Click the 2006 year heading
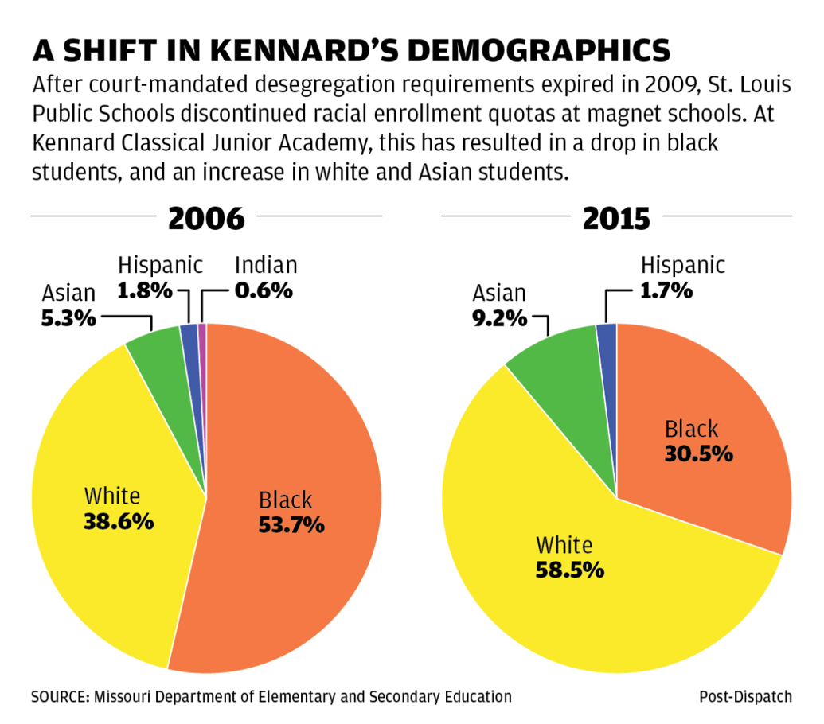206,218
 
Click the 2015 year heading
616,218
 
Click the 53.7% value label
291,525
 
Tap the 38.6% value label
118,523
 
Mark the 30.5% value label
698,454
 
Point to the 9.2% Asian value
498,318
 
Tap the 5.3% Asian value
68,318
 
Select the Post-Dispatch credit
745,697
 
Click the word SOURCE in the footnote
59,697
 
